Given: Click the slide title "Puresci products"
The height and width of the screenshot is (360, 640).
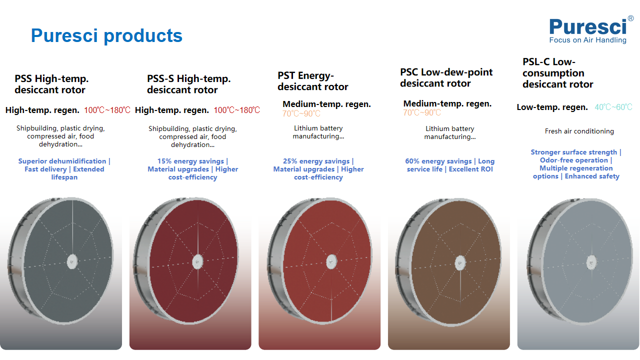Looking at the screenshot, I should [x=106, y=36].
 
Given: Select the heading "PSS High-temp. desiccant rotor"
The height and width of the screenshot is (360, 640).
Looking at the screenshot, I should [x=52, y=84].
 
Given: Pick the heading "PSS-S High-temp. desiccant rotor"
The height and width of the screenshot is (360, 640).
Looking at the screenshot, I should [x=189, y=84].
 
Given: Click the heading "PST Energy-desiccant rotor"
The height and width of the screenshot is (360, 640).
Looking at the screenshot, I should [x=305, y=81].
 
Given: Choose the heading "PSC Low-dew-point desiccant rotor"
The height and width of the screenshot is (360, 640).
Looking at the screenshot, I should [x=448, y=78].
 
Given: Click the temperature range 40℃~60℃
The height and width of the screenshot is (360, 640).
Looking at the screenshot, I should [x=613, y=107].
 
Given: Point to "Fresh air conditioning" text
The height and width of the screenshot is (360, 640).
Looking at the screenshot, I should [x=579, y=131].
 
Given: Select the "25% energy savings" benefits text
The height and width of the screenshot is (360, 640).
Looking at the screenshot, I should [x=318, y=167].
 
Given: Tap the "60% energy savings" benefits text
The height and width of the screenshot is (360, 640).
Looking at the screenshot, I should [x=450, y=167].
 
